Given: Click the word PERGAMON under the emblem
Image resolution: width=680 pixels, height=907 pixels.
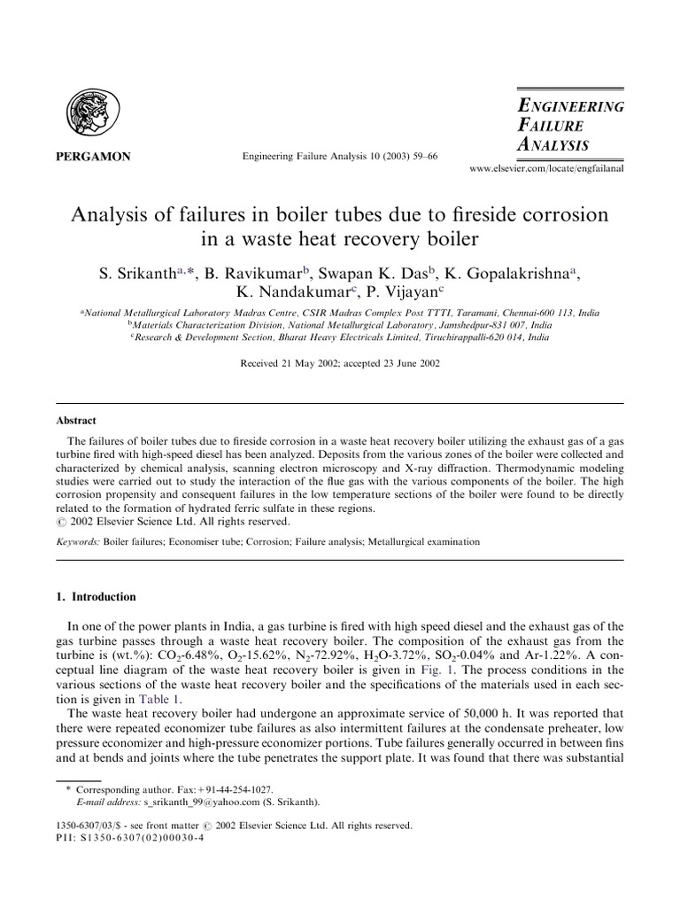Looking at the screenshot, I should pos(97,157).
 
